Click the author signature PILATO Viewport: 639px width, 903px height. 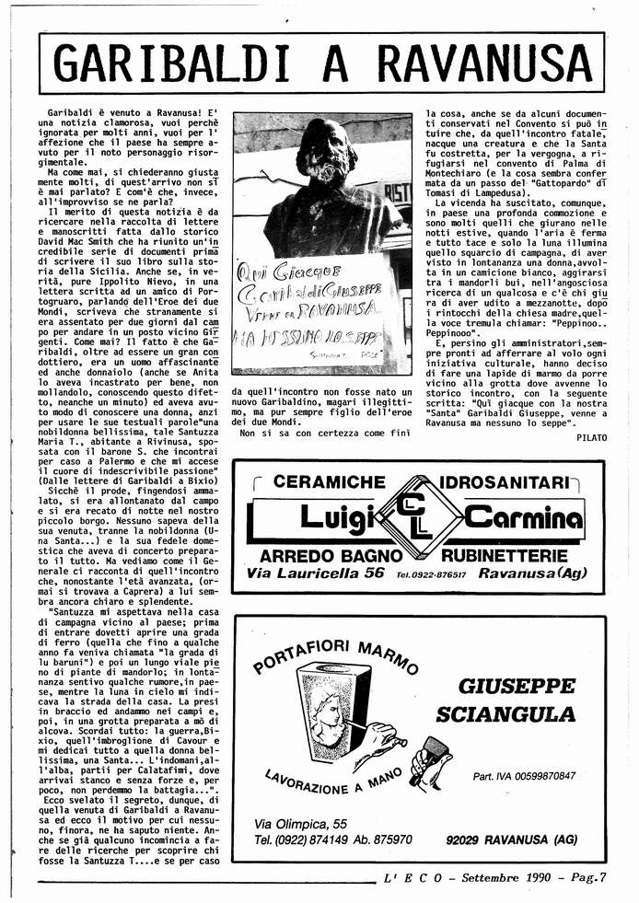[591, 437]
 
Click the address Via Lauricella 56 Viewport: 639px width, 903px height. [315, 573]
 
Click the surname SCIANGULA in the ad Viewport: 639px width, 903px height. [505, 714]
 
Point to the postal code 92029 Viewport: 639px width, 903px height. [462, 839]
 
